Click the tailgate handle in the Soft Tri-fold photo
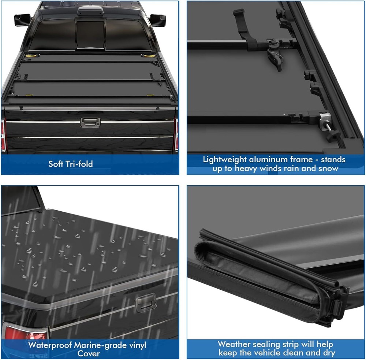point(90,122)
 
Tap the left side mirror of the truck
point(22,20)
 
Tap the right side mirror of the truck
point(157,20)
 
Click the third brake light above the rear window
point(90,12)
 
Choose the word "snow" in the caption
point(328,168)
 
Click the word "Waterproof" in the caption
point(50,345)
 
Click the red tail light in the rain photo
point(26,332)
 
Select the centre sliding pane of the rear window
point(90,35)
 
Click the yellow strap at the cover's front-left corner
point(32,56)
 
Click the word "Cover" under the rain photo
point(89,353)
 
